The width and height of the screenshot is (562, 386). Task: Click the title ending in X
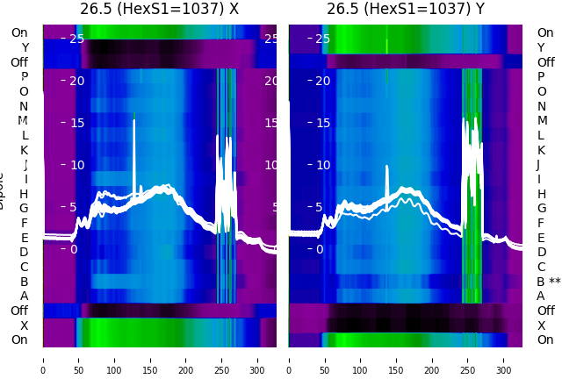(159, 10)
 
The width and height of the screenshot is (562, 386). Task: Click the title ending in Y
(406, 10)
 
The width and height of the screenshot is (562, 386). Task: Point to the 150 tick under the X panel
(150, 370)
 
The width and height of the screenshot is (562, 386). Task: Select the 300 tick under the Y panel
(504, 370)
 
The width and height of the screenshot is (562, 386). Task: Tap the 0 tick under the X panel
(43, 370)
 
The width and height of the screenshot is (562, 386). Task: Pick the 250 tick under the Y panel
(468, 370)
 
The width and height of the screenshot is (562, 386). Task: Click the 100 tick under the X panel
(114, 370)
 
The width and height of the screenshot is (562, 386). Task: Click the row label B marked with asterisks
(548, 282)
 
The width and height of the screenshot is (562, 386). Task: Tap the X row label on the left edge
(25, 325)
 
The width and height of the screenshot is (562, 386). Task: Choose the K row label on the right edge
(541, 150)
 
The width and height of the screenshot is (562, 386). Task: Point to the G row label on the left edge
(24, 208)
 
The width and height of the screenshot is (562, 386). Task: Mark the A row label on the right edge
(541, 296)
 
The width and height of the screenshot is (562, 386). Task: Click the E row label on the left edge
(25, 238)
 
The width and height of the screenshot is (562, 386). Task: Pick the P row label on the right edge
(541, 76)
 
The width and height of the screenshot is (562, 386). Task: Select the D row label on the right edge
(541, 252)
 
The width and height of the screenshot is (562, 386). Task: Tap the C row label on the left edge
(25, 267)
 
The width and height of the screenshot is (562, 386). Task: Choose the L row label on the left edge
(25, 135)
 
